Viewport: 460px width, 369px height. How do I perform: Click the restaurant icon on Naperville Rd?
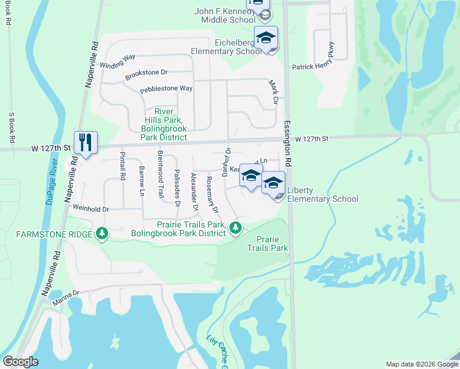(85, 143)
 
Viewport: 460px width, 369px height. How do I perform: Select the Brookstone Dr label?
(146, 74)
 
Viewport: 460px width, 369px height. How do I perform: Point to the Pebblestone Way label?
(166, 89)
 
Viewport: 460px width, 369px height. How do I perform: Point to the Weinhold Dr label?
(90, 209)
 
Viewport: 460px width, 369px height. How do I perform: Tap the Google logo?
(21, 362)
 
